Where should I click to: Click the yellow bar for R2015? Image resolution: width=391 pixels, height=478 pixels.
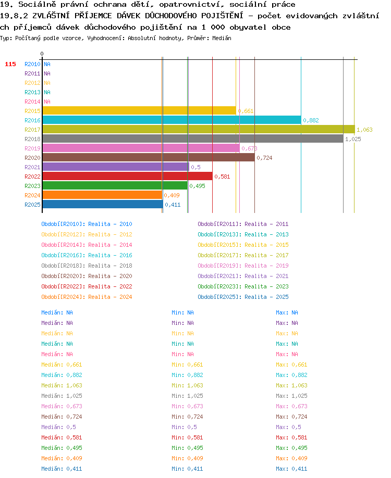(139, 111)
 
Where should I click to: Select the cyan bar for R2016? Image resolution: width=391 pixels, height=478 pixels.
(172, 120)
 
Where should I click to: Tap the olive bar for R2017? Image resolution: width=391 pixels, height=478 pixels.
(199, 130)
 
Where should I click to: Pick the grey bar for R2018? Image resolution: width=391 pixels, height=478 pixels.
(193, 139)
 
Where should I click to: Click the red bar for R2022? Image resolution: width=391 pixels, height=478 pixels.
(128, 176)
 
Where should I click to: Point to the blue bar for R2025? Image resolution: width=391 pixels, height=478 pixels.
(103, 205)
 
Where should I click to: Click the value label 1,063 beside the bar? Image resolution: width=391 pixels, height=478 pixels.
(364, 130)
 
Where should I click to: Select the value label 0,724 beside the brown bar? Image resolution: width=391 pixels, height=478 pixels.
(264, 158)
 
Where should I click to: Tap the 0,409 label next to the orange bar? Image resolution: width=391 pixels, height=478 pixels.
(172, 195)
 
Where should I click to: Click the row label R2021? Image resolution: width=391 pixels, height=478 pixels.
(32, 167)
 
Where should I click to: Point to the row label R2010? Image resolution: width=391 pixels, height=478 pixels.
(32, 65)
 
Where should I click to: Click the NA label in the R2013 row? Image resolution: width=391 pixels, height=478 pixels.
(47, 92)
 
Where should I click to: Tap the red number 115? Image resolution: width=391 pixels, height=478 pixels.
(10, 65)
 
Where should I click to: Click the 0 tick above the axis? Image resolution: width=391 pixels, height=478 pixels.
(42, 54)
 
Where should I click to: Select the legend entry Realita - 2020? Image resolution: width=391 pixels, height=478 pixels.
(110, 276)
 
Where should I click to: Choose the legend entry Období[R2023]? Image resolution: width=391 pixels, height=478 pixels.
(218, 286)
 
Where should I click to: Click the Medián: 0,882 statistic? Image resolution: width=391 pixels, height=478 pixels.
(62, 375)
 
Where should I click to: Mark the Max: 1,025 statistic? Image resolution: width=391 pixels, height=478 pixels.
(291, 396)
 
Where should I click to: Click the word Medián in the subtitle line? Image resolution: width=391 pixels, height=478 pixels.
(222, 39)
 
